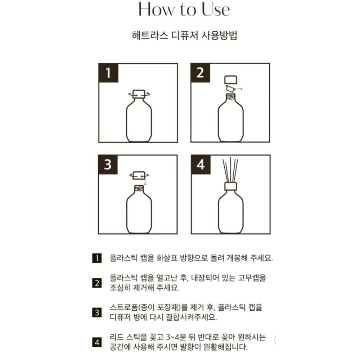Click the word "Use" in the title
pos(215,10)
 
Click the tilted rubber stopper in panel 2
pos(230,88)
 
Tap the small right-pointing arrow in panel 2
pos(240,88)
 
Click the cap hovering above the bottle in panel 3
pos(139,175)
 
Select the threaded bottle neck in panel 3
pos(139,188)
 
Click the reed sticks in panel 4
pos(231,169)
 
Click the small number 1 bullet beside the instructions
pos(96,258)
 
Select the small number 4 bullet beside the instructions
pos(96,342)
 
